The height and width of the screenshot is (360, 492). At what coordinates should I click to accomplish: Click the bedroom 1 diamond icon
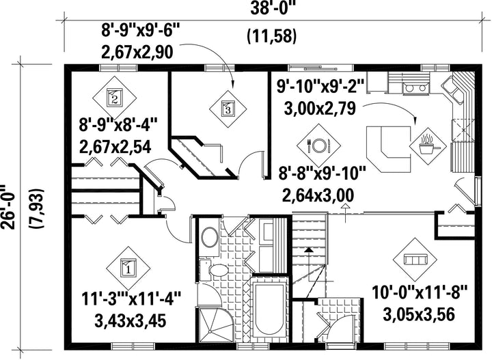tap(128, 268)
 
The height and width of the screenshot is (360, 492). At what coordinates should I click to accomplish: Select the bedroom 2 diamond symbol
tap(114, 97)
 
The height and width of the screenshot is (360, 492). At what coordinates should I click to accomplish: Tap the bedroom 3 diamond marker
tap(228, 109)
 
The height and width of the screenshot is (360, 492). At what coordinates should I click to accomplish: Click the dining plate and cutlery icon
tap(319, 146)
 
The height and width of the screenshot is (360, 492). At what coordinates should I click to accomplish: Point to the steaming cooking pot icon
tap(428, 145)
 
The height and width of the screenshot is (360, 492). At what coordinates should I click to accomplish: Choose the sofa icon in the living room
tap(415, 260)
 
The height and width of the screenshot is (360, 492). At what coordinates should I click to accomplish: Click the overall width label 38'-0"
tap(273, 8)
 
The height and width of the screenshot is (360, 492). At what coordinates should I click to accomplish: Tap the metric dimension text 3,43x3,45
tap(130, 320)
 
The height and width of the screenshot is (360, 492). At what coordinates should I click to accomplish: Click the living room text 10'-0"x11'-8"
tap(420, 292)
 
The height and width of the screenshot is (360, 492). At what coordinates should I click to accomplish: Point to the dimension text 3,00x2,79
tap(320, 108)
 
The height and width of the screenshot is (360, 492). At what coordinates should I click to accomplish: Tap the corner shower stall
tap(217, 324)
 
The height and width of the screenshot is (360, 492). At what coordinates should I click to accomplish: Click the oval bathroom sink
tap(210, 237)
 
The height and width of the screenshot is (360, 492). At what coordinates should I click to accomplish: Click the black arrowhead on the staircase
tap(309, 250)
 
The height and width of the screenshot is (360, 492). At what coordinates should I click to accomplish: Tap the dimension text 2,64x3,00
tap(318, 195)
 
